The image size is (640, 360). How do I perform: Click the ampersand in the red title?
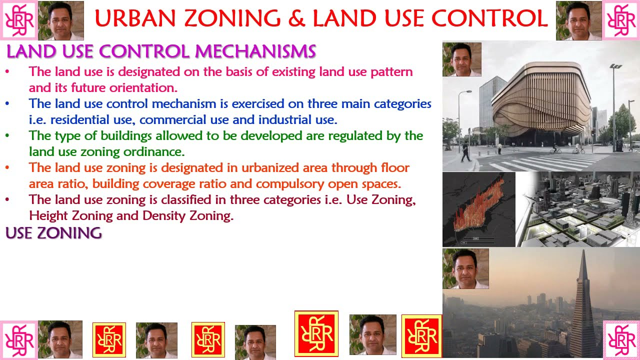(x=297, y=18)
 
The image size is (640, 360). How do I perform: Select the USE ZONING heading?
(x=53, y=233)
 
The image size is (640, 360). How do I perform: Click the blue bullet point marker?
(x=7, y=104)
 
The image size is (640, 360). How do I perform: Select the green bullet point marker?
(x=7, y=136)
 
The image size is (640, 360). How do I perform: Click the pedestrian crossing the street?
(x=466, y=151)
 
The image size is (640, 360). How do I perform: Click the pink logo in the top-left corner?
(x=19, y=20)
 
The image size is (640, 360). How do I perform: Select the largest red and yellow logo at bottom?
(x=316, y=333)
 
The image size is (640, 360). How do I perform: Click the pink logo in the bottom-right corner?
(x=621, y=340)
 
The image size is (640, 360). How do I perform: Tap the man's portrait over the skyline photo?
(x=465, y=269)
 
